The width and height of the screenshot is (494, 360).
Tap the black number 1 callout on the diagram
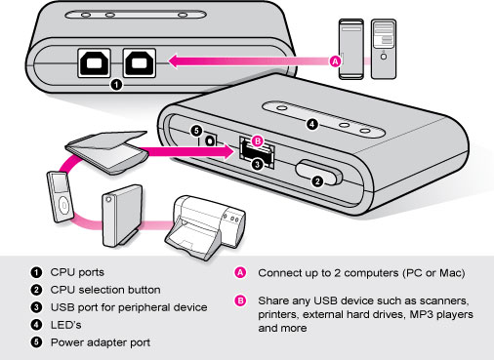[117, 85]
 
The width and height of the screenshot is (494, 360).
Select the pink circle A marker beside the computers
[337, 60]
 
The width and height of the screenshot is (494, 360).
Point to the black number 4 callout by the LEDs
[311, 124]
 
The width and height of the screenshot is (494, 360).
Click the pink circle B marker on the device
[258, 141]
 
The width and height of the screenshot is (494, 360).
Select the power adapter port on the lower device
[210, 142]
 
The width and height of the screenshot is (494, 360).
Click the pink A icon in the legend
[240, 272]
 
